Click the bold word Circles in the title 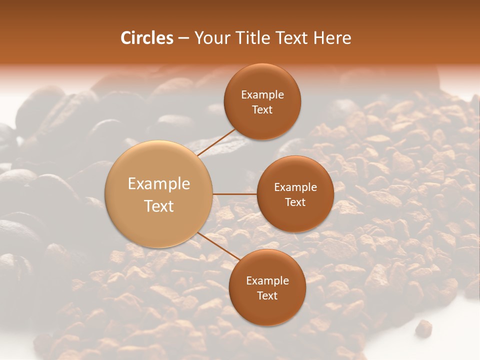coord(146,38)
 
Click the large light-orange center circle coord(158,194)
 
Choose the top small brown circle coord(262,101)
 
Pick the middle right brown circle coord(295,194)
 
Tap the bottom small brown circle coord(267,287)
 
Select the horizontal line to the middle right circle coord(234,194)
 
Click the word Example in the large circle coord(158,184)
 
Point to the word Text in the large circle coord(158,206)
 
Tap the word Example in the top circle coord(262,94)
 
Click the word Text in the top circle coord(262,109)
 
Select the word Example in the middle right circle coord(295,187)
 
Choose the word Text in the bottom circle coord(267,295)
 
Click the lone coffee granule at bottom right coord(423,327)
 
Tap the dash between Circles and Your coord(183,38)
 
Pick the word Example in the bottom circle coord(267,280)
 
